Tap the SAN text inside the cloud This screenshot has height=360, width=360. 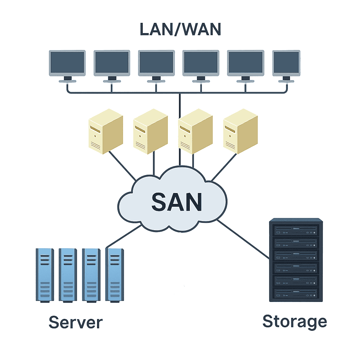tap(176, 201)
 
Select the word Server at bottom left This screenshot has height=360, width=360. tap(75, 322)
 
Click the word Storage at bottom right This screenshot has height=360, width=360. tap(295, 322)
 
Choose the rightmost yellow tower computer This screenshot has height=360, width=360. tap(240, 131)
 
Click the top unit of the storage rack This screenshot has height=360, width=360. tap(295, 231)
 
